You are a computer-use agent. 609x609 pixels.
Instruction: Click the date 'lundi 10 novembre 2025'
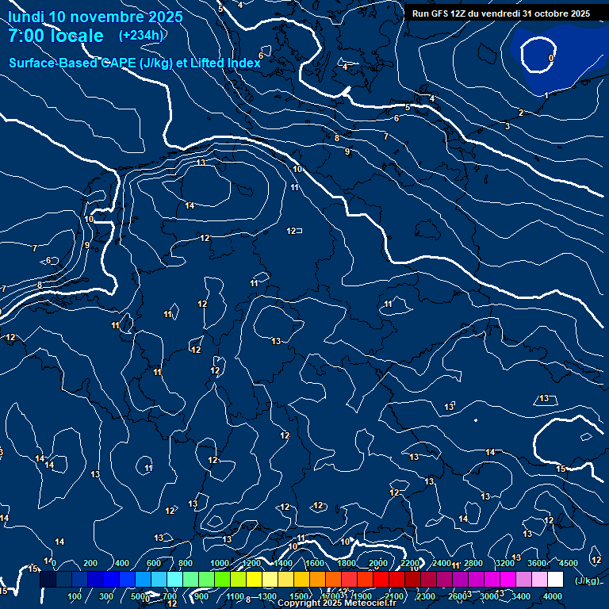tap(95, 17)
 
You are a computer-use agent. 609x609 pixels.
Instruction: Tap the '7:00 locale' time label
tap(56, 36)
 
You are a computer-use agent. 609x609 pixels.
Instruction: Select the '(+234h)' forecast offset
tap(141, 36)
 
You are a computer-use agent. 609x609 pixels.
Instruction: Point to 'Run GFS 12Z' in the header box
tap(440, 13)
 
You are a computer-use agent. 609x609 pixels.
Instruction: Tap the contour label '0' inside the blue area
tap(551, 58)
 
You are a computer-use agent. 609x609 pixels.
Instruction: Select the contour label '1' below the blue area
tap(546, 96)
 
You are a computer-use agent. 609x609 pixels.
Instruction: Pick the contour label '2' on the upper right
tap(520, 113)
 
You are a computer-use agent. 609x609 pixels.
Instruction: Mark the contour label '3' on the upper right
tap(507, 126)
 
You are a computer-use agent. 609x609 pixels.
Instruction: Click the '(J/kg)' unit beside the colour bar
tap(587, 581)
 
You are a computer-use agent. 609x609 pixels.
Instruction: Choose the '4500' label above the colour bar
tap(569, 563)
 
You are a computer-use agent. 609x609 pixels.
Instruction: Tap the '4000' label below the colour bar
tap(553, 596)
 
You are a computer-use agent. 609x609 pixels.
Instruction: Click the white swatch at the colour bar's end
tap(555, 580)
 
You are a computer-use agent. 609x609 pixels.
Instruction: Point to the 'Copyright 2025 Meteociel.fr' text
tap(336, 603)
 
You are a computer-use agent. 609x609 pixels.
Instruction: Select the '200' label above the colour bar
tap(90, 563)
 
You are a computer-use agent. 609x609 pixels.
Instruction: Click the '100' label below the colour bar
tap(75, 596)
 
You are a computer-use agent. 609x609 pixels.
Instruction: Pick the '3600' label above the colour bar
tap(537, 563)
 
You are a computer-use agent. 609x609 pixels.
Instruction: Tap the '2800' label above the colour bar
tap(473, 563)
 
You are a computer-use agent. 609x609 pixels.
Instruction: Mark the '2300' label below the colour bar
tap(426, 596)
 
